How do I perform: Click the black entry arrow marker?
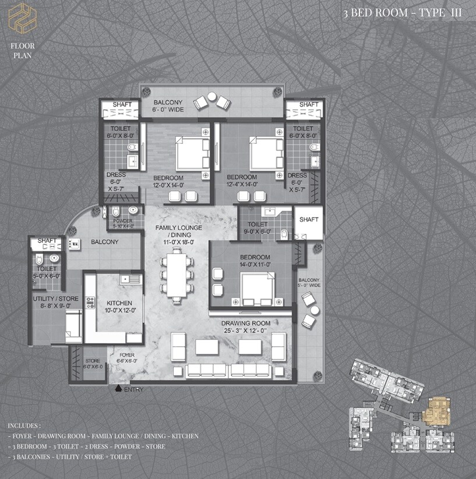click(118, 388)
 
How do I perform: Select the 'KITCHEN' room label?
click(119, 303)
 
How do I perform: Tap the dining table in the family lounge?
click(175, 272)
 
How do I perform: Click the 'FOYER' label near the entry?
click(128, 354)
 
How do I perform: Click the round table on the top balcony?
click(212, 97)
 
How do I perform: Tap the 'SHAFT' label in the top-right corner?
click(309, 105)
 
